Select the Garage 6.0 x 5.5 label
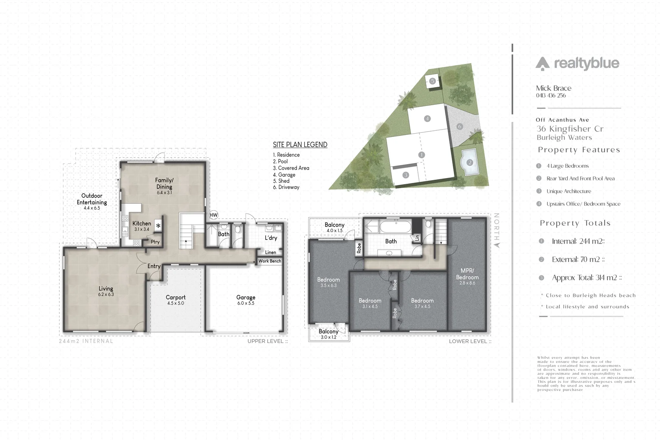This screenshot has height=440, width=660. coord(246,300)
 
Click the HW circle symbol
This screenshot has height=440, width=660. coord(213,215)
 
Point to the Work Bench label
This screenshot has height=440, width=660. coord(270,261)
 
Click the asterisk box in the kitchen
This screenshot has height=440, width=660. coord(158,226)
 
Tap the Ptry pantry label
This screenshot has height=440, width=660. coord(155,242)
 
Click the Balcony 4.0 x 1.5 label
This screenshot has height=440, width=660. coord(334,227)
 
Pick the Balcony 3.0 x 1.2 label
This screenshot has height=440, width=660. coord(329,334)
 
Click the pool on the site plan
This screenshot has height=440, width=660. coord(469,162)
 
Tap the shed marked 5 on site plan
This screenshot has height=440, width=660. coord(433,81)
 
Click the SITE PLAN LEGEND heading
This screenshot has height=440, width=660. coord(300,145)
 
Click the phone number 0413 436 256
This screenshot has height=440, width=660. coord(551,96)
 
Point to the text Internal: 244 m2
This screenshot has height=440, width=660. coord(578,241)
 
